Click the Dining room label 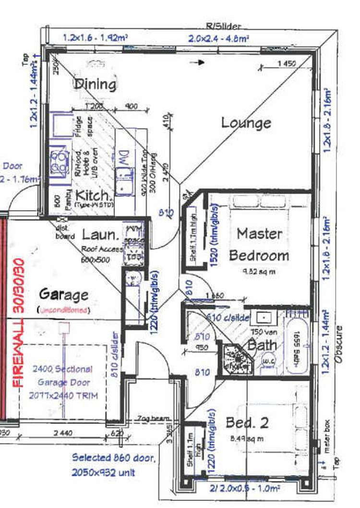tap(95, 85)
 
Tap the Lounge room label tap(246, 123)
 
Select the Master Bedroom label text tap(259, 244)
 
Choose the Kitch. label tap(95, 195)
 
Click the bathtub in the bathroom tap(298, 341)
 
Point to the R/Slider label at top tap(224, 27)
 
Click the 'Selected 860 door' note tap(113, 458)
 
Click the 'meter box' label tap(328, 434)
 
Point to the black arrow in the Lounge tap(197, 62)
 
